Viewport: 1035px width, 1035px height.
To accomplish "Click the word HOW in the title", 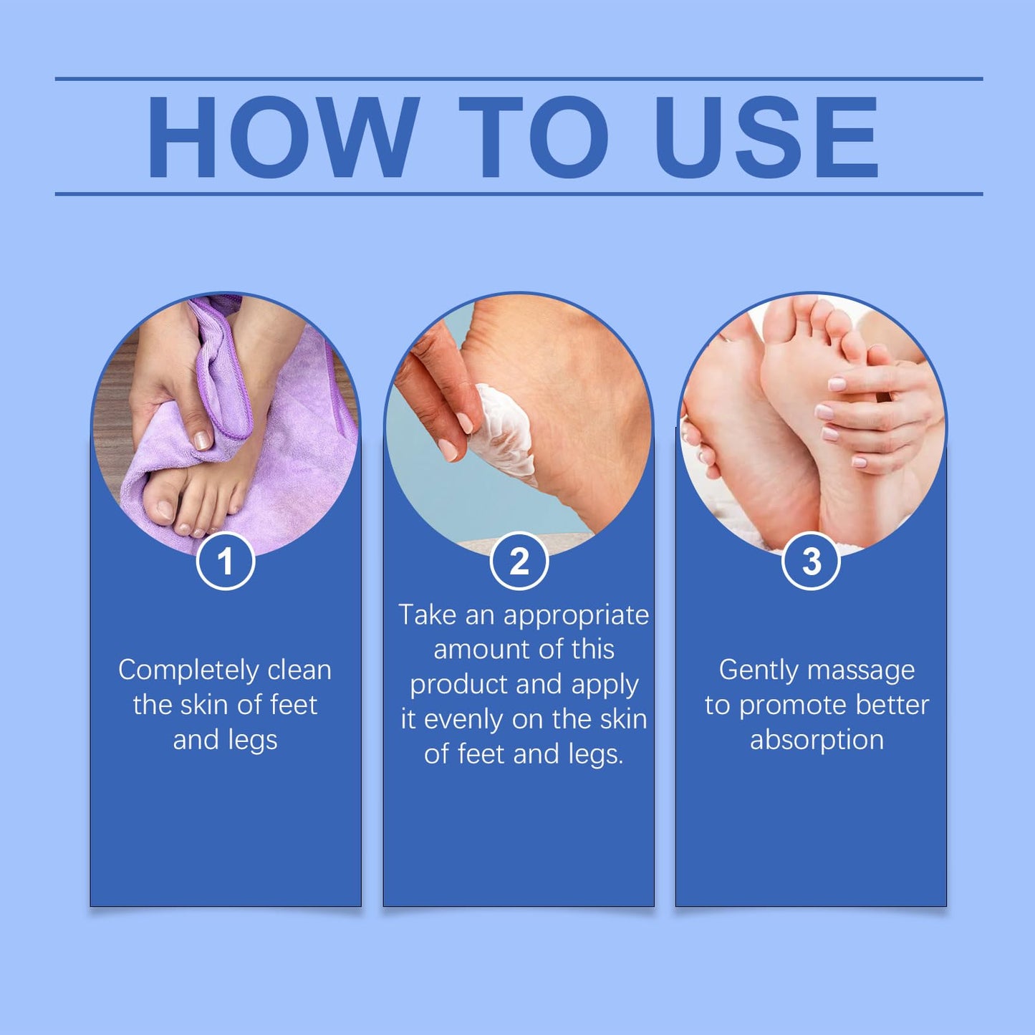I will point(282,136).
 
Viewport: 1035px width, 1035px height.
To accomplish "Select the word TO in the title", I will point(534,136).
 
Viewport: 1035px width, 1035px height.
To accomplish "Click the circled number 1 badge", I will point(226,561).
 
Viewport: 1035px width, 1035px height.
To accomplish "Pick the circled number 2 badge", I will point(519,561).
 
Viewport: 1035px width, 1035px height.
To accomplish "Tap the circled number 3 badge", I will point(812,561).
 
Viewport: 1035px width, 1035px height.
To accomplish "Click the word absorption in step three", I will point(817,741).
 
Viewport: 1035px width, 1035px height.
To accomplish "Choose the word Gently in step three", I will point(758,671).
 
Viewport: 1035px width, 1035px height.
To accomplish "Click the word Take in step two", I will point(428,616).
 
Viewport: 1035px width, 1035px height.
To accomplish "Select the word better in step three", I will point(895,706).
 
